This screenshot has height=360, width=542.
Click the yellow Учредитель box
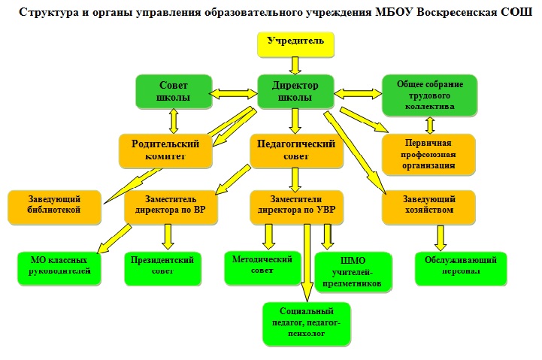[x=295, y=44]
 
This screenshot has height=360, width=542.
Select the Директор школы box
[x=295, y=92]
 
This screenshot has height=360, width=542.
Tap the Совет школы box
[x=174, y=92]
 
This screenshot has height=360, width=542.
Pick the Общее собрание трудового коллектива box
[x=429, y=95]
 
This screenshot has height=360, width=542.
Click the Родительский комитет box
[x=165, y=151]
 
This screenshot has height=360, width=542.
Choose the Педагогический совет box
[x=296, y=151]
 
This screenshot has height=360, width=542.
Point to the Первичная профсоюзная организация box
[x=428, y=154]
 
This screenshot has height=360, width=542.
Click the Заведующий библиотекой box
[x=54, y=207]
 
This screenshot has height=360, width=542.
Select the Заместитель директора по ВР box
[x=171, y=207]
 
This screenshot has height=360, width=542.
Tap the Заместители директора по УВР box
[x=296, y=207]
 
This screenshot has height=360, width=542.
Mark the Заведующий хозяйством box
[x=428, y=207]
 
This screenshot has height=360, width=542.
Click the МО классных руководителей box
[x=59, y=268]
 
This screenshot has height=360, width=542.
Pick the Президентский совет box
[x=162, y=268]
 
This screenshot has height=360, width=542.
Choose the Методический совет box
[x=262, y=268]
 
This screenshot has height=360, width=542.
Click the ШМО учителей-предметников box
[x=353, y=272]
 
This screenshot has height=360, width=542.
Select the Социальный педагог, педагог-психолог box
[x=307, y=324]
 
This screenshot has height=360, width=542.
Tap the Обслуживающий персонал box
[x=461, y=268]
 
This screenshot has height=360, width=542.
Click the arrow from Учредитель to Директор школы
[x=295, y=65]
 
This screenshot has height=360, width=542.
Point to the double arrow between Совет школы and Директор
[x=235, y=93]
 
